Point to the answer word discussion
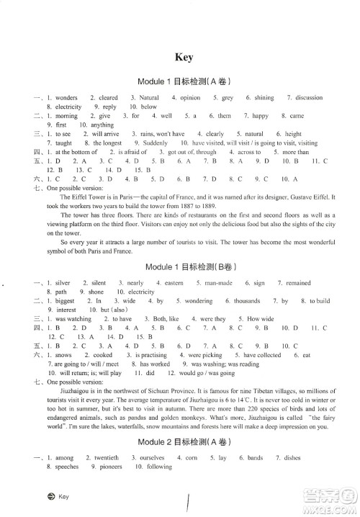pyautogui.click(x=309, y=97)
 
